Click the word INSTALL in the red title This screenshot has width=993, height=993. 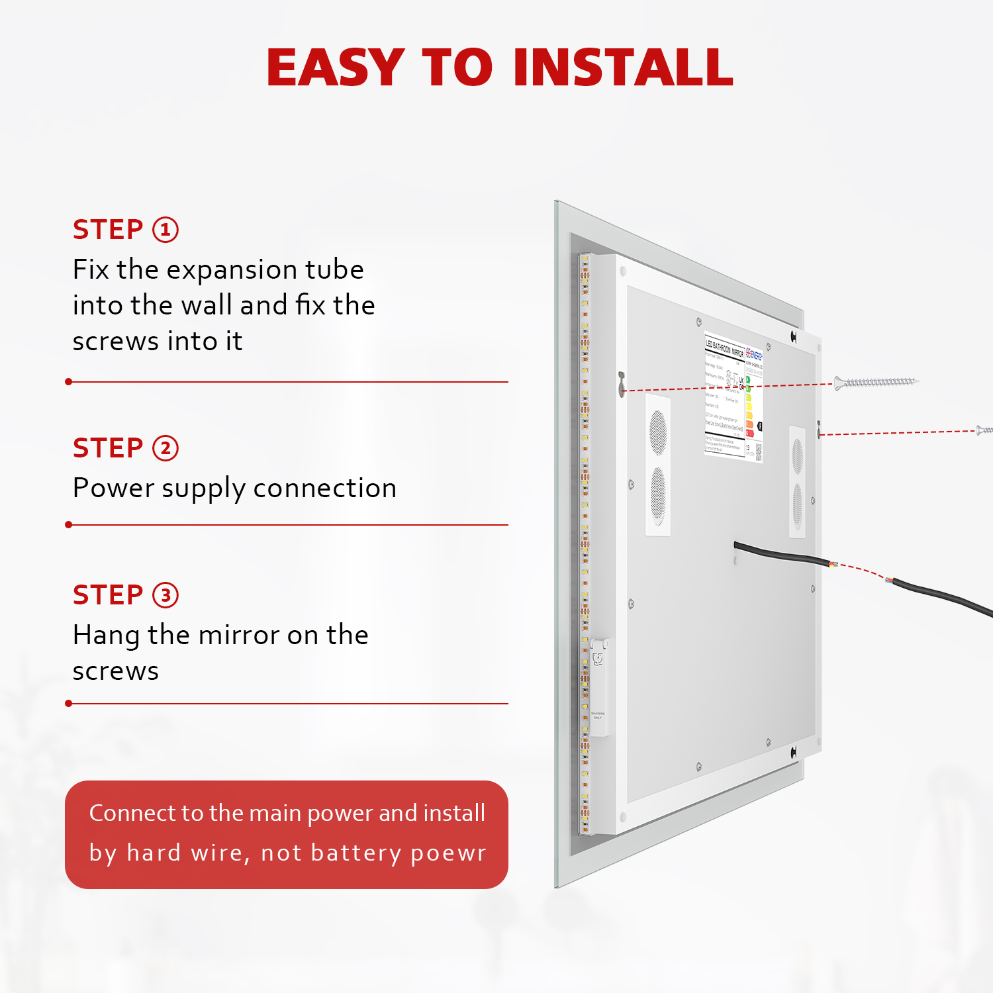[623, 68]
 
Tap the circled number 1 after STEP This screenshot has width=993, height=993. [165, 230]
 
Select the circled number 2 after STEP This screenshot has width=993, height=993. [165, 448]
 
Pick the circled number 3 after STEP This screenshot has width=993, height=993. [165, 595]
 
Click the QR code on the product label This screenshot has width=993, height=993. [758, 451]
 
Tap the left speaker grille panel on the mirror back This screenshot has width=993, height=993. [658, 465]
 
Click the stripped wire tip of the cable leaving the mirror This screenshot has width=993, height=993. [833, 564]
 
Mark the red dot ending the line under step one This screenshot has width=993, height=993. [69, 382]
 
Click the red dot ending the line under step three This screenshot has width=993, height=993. [69, 704]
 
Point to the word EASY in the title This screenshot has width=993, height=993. [336, 68]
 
